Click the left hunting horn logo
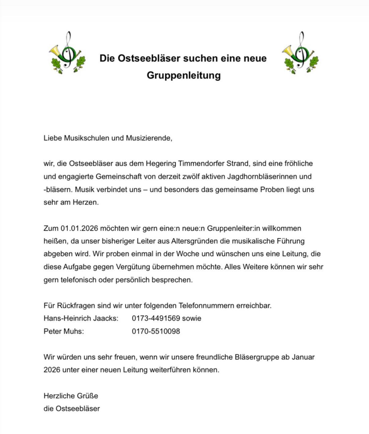pos(67,53)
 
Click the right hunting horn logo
pos(300,53)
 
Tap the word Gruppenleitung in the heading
pos(184,75)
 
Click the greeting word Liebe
pos(53,138)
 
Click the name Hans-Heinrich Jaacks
pos(81,318)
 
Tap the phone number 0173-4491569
pos(156,318)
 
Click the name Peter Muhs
pos(64,331)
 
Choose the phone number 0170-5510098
pos(156,331)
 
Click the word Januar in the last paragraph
pos(303,357)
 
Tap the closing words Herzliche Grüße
pos(71,396)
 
